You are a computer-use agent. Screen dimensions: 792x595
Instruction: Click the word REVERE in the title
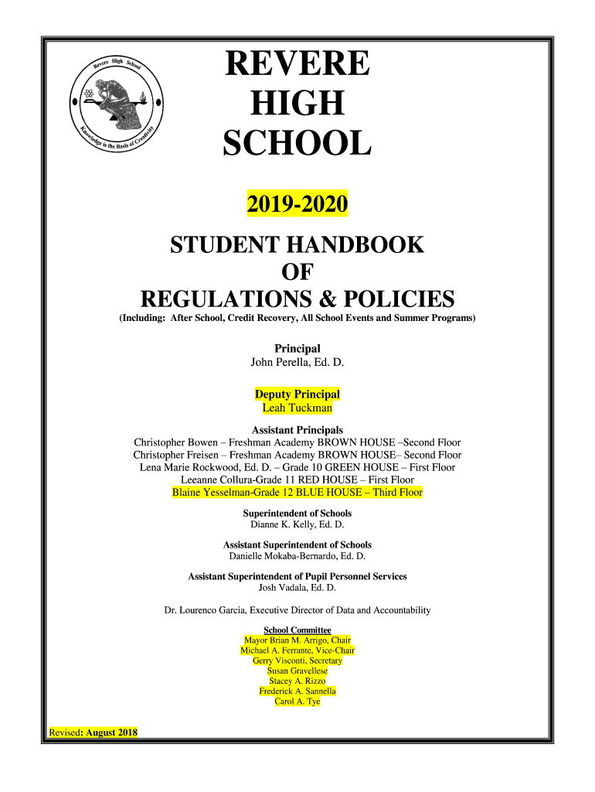tap(297, 63)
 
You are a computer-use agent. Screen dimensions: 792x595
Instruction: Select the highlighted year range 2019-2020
tap(297, 206)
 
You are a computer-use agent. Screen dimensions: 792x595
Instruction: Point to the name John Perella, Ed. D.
tap(297, 362)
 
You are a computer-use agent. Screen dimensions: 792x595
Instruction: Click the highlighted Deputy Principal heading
tap(297, 394)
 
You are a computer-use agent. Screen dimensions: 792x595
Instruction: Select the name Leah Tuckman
tap(297, 408)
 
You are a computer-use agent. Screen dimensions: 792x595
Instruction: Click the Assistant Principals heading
tap(297, 430)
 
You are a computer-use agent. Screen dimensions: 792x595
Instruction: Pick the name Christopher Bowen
tap(176, 442)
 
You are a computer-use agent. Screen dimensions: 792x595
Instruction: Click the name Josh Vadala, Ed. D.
tap(297, 587)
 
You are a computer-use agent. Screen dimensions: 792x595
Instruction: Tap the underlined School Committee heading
tap(297, 630)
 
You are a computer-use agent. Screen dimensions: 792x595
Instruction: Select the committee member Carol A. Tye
tap(297, 701)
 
